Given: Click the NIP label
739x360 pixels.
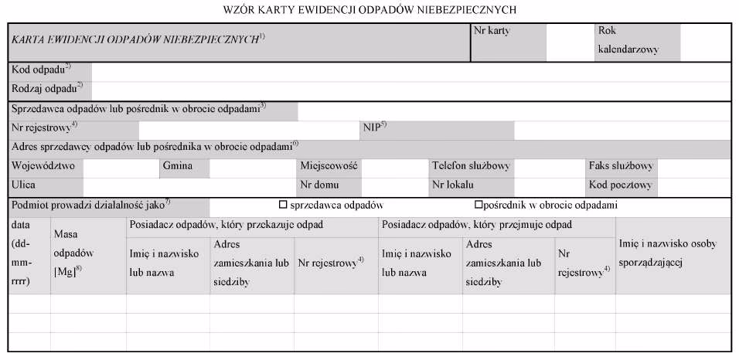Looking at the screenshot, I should coord(373,127).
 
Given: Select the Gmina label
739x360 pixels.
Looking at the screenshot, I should coord(176,166).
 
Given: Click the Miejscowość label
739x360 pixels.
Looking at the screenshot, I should coord(329,166).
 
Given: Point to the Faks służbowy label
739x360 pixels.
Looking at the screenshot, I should coord(622,166).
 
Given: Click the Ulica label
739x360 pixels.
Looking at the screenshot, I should coord(24,185).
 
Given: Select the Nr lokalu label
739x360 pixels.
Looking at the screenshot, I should coord(453,185).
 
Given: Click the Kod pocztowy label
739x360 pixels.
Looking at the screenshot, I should coord(621,185).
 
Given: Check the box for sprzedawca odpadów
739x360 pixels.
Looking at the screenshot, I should coord(283,205).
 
